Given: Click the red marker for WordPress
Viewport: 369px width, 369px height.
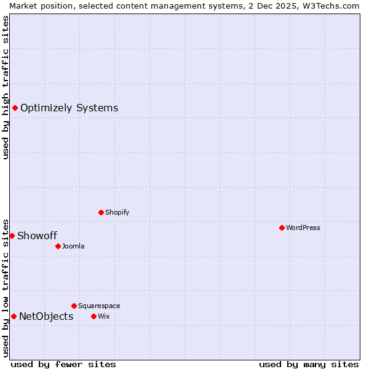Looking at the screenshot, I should pyautogui.click(x=282, y=228).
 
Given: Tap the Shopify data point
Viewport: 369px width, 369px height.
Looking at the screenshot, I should pyautogui.click(x=101, y=212).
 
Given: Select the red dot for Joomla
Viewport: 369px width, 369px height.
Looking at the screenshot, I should pyautogui.click(x=58, y=246).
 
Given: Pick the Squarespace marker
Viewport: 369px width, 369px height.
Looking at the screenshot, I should pyautogui.click(x=74, y=306).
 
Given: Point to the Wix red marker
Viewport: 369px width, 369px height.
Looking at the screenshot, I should pyautogui.click(x=93, y=316).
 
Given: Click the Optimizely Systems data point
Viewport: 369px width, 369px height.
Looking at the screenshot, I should pyautogui.click(x=15, y=108).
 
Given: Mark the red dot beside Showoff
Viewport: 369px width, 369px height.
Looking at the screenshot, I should pyautogui.click(x=12, y=236).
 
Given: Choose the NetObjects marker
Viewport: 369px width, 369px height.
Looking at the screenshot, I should pyautogui.click(x=14, y=316).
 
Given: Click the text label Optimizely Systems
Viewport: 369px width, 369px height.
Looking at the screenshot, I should pyautogui.click(x=69, y=108).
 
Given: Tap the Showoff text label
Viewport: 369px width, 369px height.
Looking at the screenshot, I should pyautogui.click(x=37, y=236).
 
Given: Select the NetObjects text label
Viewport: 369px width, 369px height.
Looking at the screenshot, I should pyautogui.click(x=46, y=317).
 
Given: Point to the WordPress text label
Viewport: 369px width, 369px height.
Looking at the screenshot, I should pyautogui.click(x=303, y=228).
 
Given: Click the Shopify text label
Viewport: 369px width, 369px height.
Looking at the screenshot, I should pyautogui.click(x=117, y=212).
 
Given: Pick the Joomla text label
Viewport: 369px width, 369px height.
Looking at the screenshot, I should pyautogui.click(x=73, y=246).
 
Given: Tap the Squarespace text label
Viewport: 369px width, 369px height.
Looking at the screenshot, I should pyautogui.click(x=99, y=306).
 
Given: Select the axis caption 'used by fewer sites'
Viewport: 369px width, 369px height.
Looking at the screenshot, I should pyautogui.click(x=63, y=364).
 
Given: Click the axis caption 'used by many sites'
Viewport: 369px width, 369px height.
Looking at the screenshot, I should pyautogui.click(x=309, y=364).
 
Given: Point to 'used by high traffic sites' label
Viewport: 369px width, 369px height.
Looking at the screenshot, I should pyautogui.click(x=6, y=87).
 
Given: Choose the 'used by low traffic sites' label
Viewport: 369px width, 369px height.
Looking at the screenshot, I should pyautogui.click(x=6, y=287).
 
